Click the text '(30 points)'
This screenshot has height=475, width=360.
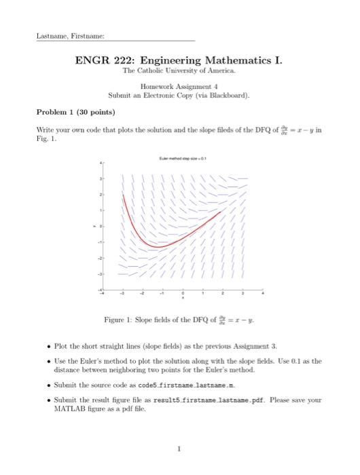96,111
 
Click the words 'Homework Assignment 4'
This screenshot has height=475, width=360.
179,87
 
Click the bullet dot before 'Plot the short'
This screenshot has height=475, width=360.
41,344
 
